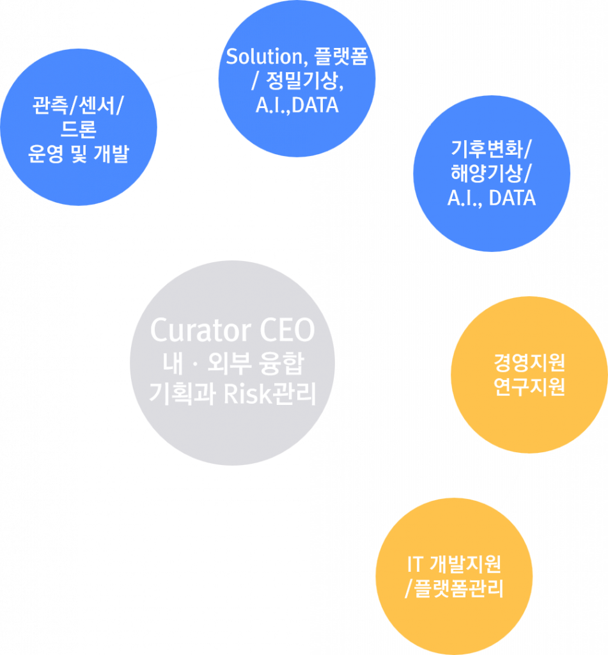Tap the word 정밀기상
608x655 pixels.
click(x=304, y=80)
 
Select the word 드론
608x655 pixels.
click(x=79, y=129)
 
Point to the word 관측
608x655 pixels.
click(x=51, y=105)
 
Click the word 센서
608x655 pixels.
click(x=97, y=105)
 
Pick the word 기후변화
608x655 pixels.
click(x=487, y=148)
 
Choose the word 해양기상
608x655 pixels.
click(x=487, y=173)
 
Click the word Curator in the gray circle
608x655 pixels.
click(x=201, y=330)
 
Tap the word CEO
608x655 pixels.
click(x=287, y=330)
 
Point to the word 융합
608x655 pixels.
click(x=281, y=363)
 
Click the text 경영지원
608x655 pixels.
click(x=529, y=362)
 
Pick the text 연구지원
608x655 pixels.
click(x=529, y=386)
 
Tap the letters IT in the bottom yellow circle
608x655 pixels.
click(x=416, y=564)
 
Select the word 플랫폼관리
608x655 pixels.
click(x=458, y=588)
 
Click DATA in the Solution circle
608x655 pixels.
click(x=315, y=106)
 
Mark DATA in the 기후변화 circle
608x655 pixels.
click(x=512, y=198)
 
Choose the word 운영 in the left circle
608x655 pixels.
click(x=46, y=154)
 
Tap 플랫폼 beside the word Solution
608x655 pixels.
click(x=341, y=56)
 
